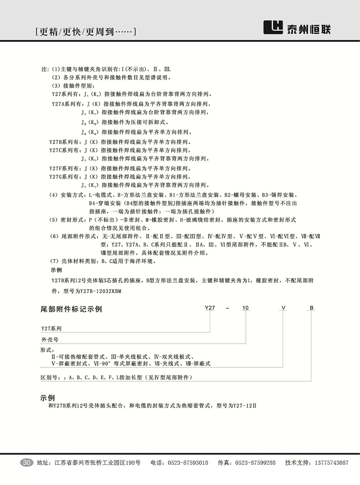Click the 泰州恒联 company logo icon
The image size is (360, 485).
[273, 28]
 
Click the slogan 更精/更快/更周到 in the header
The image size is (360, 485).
[85, 32]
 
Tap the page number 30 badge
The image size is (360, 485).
[26, 462]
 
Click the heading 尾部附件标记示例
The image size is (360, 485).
[71, 309]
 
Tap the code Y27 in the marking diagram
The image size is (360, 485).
[210, 308]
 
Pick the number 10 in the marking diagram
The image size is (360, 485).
[245, 308]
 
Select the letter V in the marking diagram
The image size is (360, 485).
[283, 308]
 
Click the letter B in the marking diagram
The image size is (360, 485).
[311, 308]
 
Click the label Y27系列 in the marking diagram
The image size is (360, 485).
[51, 328]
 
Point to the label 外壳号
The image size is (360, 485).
[49, 339]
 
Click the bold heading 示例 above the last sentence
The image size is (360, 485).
[48, 398]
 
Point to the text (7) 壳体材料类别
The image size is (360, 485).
[75, 262]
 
